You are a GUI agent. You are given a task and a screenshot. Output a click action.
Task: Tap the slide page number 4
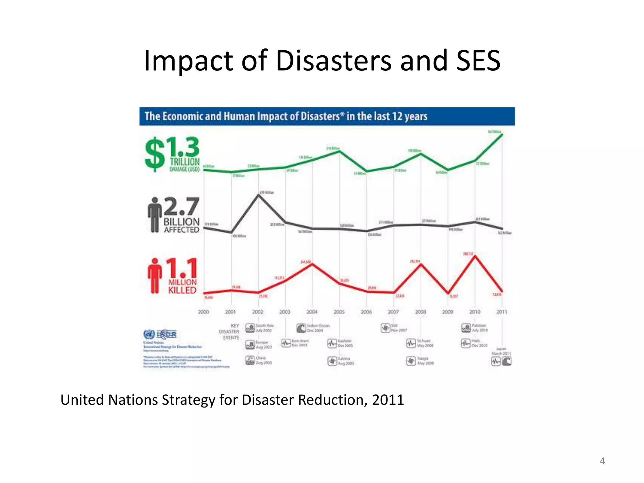coord(602,461)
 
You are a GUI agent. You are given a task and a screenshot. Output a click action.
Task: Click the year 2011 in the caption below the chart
coord(388,400)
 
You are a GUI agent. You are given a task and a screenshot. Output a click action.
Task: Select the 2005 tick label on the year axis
coord(339,312)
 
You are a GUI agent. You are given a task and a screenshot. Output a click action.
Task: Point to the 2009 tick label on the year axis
coord(448,312)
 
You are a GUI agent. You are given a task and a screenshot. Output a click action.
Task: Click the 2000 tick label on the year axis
coord(203,312)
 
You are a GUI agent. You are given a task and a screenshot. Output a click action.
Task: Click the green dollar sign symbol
coord(155,155)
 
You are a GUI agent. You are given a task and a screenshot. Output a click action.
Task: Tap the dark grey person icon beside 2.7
coord(155,215)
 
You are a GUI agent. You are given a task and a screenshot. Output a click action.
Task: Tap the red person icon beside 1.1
coord(155,276)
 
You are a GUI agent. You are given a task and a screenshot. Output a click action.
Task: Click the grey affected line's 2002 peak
coord(258,195)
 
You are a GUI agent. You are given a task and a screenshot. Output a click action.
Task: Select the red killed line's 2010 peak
coord(475,256)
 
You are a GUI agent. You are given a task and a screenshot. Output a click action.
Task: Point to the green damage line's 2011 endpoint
coord(502,135)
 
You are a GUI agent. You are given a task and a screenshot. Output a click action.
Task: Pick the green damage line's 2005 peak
coord(339,152)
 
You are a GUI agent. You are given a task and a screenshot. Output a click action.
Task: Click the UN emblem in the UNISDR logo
coord(149,334)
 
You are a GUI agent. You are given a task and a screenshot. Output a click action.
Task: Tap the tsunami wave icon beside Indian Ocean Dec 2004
coord(301,328)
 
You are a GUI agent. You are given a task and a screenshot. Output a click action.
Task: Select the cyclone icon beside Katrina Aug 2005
coord(332,361)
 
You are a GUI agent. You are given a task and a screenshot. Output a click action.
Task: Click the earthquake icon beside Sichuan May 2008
coord(411,343)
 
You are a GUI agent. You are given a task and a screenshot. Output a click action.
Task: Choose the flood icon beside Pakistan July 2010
coord(466,328)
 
